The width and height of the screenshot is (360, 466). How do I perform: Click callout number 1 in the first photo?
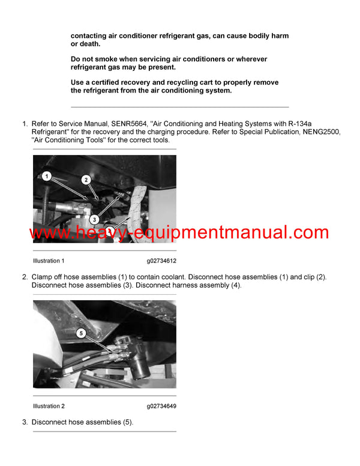(46, 176)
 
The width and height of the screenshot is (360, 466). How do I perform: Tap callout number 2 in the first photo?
(86, 179)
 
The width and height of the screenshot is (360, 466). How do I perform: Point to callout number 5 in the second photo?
(82, 333)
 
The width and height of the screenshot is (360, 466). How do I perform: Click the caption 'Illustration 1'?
(49, 261)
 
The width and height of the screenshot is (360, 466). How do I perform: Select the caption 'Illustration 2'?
(49, 406)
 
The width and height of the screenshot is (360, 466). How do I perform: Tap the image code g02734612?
(161, 261)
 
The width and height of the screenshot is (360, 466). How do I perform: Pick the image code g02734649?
(161, 406)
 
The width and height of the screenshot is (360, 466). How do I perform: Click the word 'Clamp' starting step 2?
(43, 277)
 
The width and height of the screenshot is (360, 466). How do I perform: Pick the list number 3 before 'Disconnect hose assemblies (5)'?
(25, 422)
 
